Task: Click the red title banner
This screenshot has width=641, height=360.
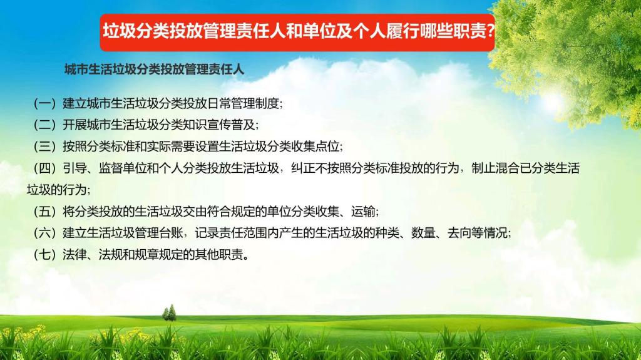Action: [x=297, y=33]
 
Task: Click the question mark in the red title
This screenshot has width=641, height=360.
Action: [x=489, y=31]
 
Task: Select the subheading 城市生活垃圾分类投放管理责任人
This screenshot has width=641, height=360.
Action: [x=154, y=69]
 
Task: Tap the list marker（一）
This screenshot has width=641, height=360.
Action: [x=44, y=103]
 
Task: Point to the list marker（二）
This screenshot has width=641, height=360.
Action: [x=44, y=125]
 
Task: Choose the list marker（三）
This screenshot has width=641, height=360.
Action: [x=44, y=147]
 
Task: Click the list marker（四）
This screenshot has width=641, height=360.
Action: [x=44, y=168]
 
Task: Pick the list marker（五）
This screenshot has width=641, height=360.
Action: [x=44, y=212]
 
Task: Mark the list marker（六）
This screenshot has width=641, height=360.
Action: [x=44, y=233]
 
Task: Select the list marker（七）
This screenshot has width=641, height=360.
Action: [x=44, y=255]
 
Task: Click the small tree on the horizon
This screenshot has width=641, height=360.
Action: [x=169, y=313]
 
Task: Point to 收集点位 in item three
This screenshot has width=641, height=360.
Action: [x=315, y=147]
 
